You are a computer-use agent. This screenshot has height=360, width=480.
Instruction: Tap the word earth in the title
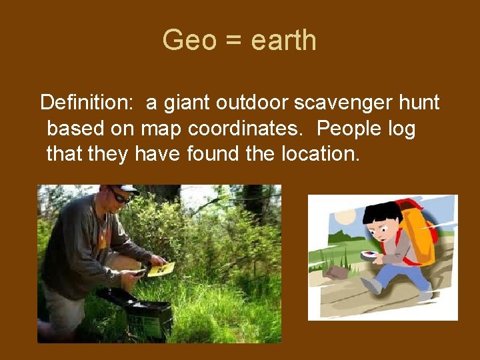coord(284,41)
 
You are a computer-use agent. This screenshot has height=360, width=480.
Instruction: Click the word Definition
coord(87,103)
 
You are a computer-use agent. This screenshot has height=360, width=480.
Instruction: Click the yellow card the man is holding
coord(161,269)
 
